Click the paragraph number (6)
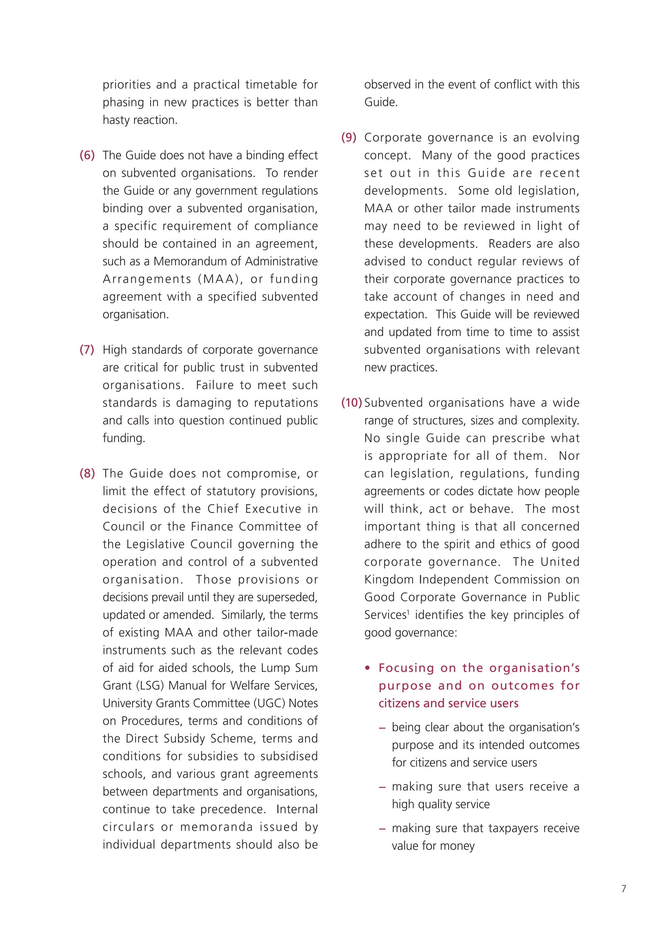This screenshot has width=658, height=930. tap(87, 155)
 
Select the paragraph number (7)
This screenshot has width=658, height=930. tap(87, 350)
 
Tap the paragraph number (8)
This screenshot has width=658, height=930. tap(87, 473)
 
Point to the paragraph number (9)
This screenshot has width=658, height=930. tap(349, 137)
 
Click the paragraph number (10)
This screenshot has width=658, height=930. tap(351, 403)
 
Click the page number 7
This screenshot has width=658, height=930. tap(624, 889)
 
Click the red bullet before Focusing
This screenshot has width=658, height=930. tap(368, 668)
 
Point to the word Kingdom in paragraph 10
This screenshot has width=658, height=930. tap(389, 580)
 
